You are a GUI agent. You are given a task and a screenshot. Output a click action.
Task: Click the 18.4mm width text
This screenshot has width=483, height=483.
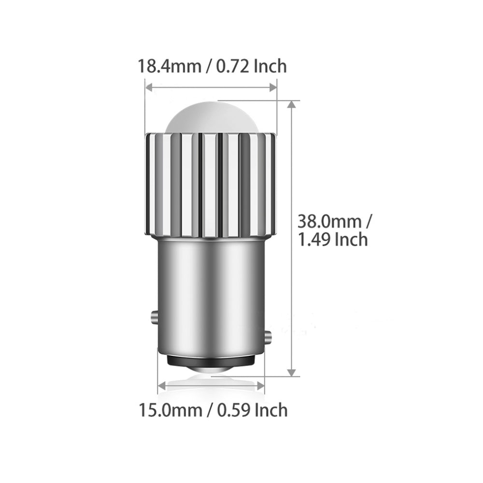[x=169, y=66]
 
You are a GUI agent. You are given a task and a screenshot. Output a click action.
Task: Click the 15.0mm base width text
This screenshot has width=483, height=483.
[x=170, y=411]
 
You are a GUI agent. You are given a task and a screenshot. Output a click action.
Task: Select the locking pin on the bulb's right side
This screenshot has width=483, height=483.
[x=268, y=335]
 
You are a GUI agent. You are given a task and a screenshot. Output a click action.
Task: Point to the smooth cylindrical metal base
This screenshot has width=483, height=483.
[x=211, y=290]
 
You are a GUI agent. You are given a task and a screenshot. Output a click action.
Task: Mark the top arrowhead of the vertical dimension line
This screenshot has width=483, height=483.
[x=291, y=105]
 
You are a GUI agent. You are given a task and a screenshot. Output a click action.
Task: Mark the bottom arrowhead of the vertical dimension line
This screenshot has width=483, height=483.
[x=291, y=372]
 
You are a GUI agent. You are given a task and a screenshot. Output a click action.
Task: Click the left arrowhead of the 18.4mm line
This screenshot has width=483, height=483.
[x=149, y=87]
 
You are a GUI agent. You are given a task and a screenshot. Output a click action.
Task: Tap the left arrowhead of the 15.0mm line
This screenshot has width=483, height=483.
[x=162, y=385]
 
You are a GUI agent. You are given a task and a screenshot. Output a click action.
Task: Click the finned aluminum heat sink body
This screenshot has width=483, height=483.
[x=211, y=184]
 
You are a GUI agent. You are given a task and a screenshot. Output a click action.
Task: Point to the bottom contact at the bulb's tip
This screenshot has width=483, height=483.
[x=211, y=369]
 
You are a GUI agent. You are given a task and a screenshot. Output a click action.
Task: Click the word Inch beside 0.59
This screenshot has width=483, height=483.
[x=270, y=411]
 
